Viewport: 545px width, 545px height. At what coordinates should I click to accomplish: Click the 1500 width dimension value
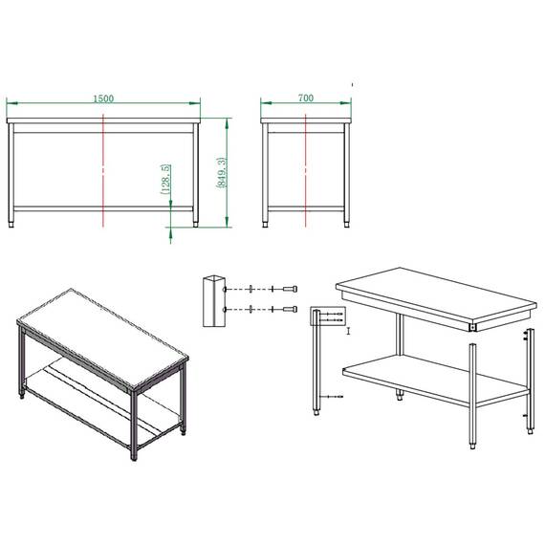pyautogui.click(x=103, y=98)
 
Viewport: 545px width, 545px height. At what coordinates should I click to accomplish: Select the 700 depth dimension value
pyautogui.click(x=306, y=98)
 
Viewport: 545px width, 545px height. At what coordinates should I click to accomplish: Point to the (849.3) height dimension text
pyautogui.click(x=223, y=173)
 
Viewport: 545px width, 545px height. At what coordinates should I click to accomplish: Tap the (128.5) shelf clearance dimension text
pyautogui.click(x=166, y=179)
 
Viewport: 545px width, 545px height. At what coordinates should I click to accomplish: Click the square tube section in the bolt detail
pyautogui.click(x=212, y=300)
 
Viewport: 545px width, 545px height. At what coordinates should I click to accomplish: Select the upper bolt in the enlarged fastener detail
pyautogui.click(x=288, y=289)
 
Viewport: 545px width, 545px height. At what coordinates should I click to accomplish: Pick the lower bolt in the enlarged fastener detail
pyautogui.click(x=288, y=310)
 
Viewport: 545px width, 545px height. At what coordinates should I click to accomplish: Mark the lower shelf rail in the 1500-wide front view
pyautogui.click(x=103, y=207)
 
